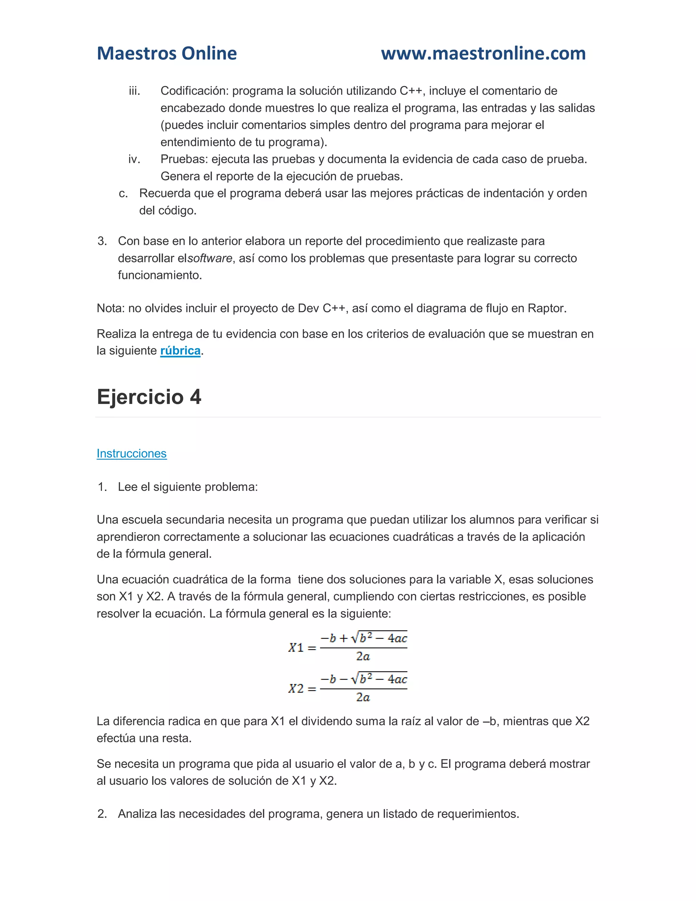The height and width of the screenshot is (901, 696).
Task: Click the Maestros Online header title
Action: (x=167, y=53)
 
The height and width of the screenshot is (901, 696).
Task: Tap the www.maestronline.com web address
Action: (x=483, y=53)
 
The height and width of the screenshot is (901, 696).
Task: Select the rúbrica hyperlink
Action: (x=180, y=351)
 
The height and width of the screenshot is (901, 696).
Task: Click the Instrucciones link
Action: (x=132, y=453)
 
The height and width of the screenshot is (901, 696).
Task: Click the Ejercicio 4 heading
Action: (x=149, y=397)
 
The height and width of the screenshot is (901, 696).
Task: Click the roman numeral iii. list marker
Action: (x=135, y=91)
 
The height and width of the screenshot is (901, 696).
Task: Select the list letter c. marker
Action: (x=123, y=193)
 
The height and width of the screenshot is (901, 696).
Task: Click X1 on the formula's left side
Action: (x=296, y=647)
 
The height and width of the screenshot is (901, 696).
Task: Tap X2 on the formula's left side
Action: (x=296, y=688)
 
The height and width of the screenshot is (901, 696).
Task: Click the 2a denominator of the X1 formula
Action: (x=363, y=656)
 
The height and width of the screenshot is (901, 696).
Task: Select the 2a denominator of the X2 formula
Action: (x=363, y=697)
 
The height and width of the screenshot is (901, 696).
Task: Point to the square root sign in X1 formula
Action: (x=354, y=638)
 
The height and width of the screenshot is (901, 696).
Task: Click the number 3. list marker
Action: (x=102, y=241)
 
